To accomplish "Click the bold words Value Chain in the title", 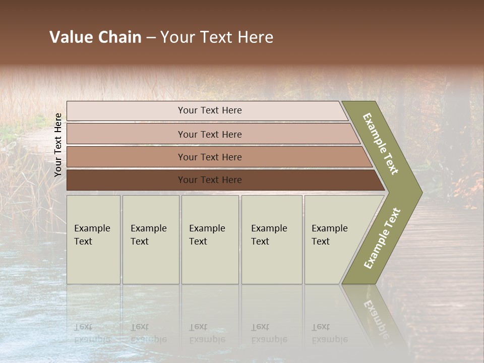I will [95, 37].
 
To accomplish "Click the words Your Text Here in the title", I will [217, 37].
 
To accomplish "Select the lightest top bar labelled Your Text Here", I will [209, 110].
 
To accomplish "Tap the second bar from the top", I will [209, 134].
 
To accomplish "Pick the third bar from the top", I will [209, 157].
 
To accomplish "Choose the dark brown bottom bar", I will [209, 180].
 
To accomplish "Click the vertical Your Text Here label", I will [58, 145].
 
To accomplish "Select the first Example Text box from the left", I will [93, 239].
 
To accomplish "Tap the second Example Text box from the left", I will [150, 239].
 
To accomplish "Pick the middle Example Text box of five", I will [209, 239].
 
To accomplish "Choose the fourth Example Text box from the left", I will [271, 239].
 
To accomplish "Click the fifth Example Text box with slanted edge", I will [333, 239].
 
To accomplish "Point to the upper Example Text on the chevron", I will [381, 144].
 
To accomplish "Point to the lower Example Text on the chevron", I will [382, 238].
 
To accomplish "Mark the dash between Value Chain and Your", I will [151, 38].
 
